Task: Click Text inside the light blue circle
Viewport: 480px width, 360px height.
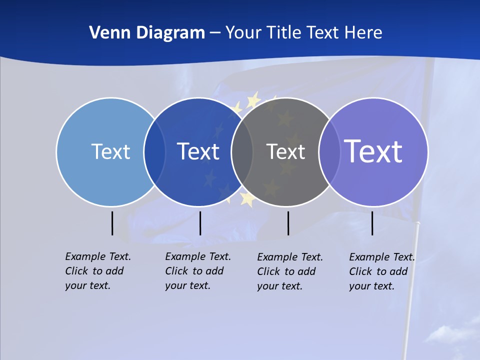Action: click(110, 151)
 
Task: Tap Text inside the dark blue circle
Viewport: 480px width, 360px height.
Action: click(198, 151)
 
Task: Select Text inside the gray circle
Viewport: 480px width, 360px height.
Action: click(285, 151)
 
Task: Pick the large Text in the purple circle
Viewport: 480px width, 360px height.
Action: click(373, 151)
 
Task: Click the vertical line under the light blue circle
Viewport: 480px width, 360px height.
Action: click(112, 223)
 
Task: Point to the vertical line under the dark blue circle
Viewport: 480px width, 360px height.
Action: click(200, 223)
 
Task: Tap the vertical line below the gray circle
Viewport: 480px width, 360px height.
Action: click(288, 223)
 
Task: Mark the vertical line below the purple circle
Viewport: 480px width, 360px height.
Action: click(372, 223)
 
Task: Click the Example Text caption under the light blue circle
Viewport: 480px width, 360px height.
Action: click(98, 271)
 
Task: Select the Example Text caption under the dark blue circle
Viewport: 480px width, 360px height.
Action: click(198, 271)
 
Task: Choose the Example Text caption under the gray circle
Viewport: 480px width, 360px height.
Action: click(290, 271)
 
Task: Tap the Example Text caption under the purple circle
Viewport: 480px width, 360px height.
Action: click(382, 271)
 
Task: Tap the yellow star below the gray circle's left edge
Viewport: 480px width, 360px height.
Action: click(247, 198)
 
